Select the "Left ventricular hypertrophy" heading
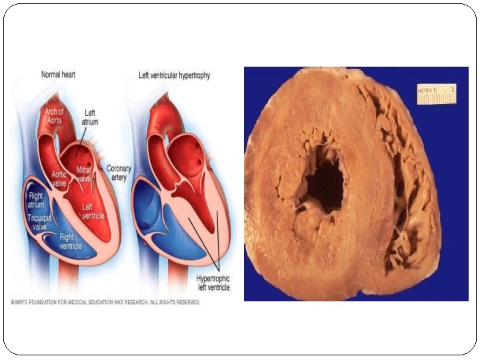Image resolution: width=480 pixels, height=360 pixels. [174, 75]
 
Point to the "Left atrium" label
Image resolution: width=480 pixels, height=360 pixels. [89, 118]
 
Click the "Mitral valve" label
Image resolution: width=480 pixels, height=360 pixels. [84, 174]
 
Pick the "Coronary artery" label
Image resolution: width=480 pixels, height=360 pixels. [119, 173]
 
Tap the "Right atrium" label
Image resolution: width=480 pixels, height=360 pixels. [35, 200]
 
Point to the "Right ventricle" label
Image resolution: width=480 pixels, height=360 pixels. [71, 241]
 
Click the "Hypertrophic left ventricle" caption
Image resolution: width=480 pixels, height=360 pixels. [213, 282]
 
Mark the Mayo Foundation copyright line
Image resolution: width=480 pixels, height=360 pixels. [105, 302]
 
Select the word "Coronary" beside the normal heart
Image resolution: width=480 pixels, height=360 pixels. [119, 169]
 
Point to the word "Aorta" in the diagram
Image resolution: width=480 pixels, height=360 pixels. [55, 120]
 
